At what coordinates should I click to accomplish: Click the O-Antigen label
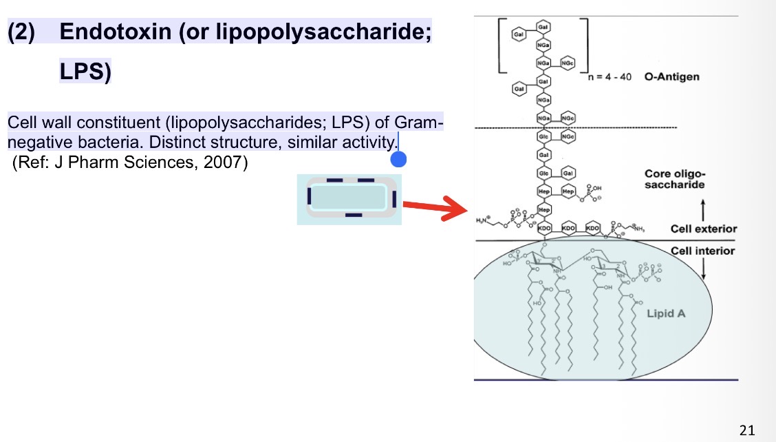tap(671, 76)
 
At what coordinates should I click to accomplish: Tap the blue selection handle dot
tap(398, 160)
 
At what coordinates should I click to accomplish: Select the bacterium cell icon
tap(349, 199)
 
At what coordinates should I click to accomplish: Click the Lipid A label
tap(666, 313)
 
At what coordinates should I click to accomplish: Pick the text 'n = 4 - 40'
tap(610, 76)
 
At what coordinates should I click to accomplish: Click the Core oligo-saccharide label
tap(675, 179)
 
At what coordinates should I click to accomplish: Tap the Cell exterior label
tap(703, 229)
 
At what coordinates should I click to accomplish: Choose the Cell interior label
tap(703, 251)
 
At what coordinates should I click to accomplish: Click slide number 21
tap(747, 431)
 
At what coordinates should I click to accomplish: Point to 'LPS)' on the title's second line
tap(85, 72)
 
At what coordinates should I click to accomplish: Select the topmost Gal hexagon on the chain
tap(543, 25)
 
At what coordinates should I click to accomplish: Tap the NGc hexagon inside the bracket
tap(568, 63)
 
